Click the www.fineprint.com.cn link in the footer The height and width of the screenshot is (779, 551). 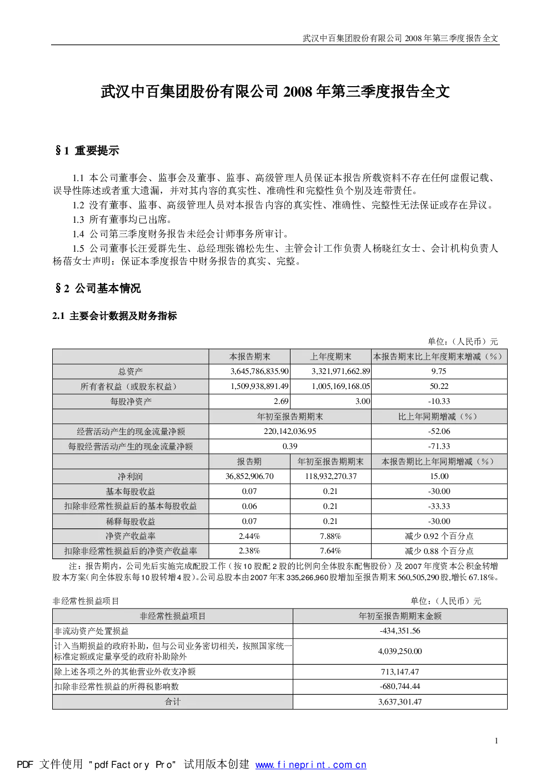coord(311,765)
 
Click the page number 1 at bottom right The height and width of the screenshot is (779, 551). coord(497,741)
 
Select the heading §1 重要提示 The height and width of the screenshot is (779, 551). coord(87,151)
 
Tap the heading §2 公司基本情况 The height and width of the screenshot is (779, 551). coord(98,288)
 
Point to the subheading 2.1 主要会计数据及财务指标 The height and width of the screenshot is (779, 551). coord(114,316)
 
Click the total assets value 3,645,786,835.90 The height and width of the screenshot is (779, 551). coord(259,371)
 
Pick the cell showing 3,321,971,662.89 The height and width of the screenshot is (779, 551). coord(340,371)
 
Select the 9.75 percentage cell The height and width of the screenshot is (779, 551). coord(439,371)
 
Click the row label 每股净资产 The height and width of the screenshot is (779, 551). coord(131,402)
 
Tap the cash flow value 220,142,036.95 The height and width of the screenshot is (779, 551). coord(290,432)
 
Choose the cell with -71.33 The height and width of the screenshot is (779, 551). coord(439,447)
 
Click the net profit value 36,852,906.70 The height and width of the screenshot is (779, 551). coord(249,476)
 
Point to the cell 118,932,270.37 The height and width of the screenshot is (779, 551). coord(330,476)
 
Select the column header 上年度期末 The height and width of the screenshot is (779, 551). coord(330,357)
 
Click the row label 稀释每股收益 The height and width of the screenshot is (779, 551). coord(131,521)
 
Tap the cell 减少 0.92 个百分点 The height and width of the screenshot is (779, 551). coord(439,536)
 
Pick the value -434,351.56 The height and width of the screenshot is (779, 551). coord(400,631)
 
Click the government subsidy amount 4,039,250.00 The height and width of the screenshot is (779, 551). coord(400,651)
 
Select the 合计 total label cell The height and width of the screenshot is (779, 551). coord(172,702)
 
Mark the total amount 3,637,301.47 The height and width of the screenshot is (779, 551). coord(400,702)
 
